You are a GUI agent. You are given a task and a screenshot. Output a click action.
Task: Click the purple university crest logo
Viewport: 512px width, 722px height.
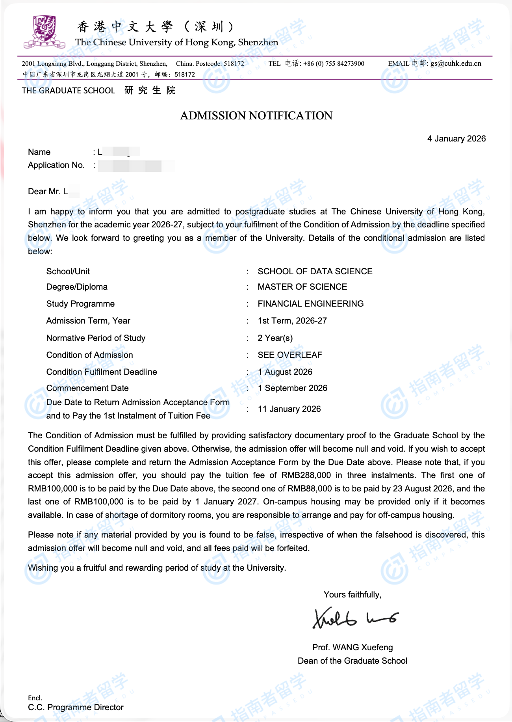44,32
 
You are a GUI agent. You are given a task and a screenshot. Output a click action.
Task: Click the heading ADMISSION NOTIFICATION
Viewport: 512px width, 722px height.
256,115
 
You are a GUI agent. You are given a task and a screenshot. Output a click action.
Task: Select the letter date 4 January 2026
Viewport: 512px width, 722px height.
456,139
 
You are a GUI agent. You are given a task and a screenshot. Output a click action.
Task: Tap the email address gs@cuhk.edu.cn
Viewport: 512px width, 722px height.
456,63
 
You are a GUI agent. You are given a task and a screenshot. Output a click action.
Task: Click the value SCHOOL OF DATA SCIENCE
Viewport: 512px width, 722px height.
315,272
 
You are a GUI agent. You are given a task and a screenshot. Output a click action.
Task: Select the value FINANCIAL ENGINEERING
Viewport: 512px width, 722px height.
310,304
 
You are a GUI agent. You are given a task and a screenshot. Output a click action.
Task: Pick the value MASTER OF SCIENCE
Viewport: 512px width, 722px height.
302,287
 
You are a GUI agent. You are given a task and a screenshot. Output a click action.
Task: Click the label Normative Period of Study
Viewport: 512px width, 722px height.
96,338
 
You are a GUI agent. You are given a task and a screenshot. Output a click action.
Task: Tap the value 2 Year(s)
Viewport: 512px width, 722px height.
275,338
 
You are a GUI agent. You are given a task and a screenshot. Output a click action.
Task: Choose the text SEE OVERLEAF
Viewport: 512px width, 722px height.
289,355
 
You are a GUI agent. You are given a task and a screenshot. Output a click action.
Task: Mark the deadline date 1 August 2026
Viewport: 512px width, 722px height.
285,372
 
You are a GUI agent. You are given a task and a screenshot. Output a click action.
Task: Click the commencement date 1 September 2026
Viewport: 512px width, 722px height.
292,388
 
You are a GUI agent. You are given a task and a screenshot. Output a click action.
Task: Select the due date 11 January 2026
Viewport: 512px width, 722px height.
289,409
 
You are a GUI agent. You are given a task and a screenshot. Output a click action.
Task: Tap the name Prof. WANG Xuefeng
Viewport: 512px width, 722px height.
352,648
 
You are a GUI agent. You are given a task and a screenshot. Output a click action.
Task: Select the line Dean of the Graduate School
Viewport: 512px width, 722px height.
352,661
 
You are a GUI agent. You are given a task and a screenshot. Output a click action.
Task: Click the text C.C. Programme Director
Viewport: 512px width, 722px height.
76,707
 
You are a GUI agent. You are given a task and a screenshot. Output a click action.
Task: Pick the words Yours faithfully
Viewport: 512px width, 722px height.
352,595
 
